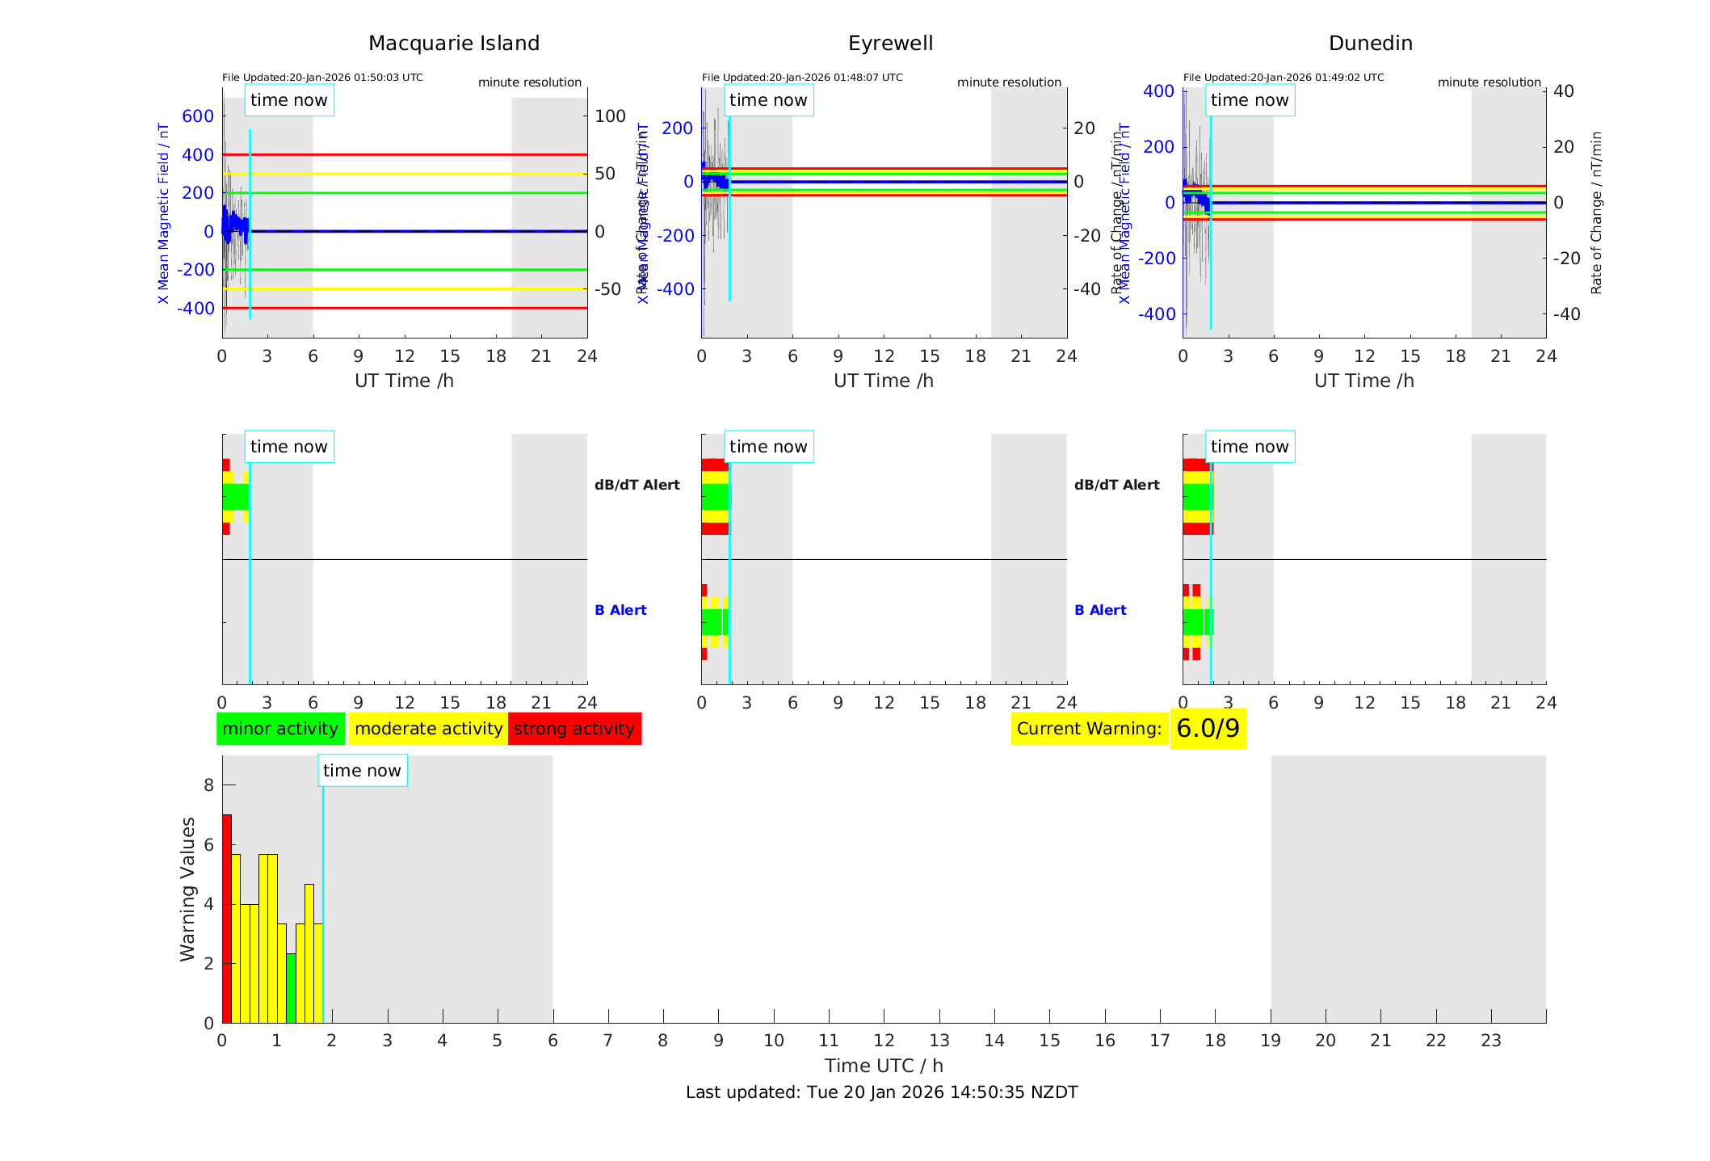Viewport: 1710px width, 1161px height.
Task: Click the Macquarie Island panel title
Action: [453, 44]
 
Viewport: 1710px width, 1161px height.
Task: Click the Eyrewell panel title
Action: [890, 44]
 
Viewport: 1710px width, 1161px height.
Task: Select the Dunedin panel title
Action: [1370, 44]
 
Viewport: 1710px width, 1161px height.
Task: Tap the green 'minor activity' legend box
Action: [280, 729]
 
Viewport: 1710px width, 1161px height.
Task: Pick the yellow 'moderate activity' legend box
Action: [428, 729]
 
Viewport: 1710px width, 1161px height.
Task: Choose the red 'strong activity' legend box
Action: [574, 729]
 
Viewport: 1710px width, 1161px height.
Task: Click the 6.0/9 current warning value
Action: [1208, 729]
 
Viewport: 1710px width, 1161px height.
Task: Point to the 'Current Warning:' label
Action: [1089, 729]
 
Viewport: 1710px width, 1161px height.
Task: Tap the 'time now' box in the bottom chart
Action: [362, 771]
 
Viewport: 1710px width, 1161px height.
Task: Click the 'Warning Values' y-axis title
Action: [188, 889]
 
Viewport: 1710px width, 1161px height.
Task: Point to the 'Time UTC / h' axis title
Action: [884, 1066]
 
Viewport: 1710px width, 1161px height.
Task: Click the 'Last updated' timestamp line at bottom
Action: [881, 1092]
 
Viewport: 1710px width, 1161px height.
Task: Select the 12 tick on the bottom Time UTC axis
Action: [884, 1041]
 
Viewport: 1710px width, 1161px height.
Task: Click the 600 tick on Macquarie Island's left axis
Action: [198, 116]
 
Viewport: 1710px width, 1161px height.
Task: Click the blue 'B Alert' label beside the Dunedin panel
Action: [1100, 610]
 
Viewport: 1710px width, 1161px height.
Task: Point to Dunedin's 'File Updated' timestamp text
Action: [1284, 78]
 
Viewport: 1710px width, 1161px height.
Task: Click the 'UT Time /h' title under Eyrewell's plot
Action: [884, 381]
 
